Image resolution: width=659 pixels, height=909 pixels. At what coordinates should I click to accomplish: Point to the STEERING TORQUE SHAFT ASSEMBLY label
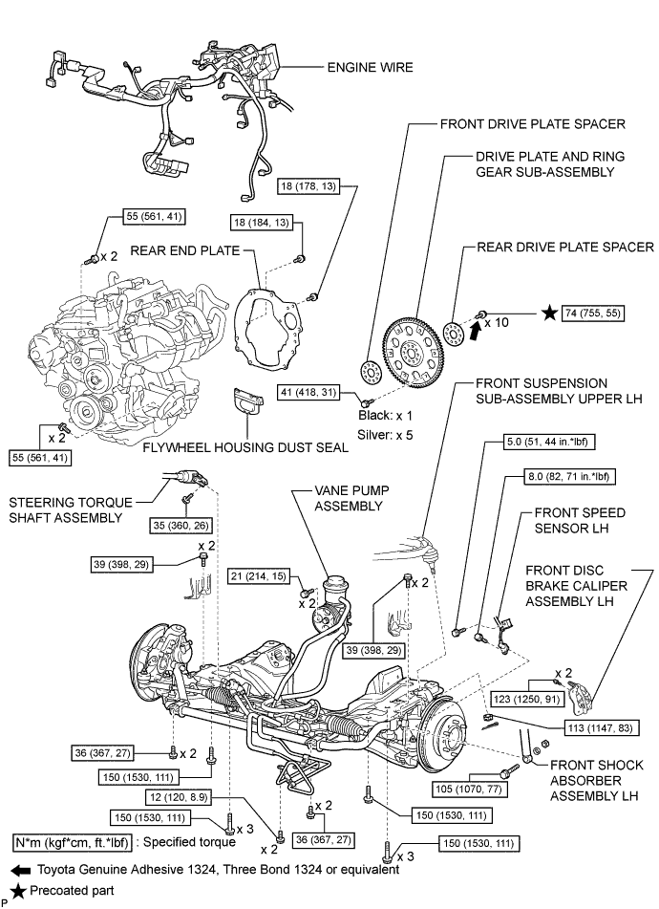[x=67, y=509]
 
